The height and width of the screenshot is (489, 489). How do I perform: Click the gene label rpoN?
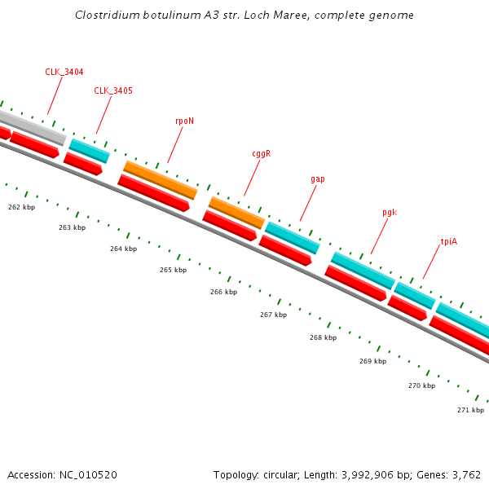click(x=184, y=121)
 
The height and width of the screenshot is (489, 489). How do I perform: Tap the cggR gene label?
click(x=261, y=153)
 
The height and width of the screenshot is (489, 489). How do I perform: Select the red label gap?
click(x=317, y=178)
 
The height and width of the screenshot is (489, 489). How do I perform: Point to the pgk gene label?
click(x=389, y=212)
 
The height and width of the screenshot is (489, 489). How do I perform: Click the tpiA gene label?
click(x=448, y=241)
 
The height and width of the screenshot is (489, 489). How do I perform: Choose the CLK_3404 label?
click(x=64, y=72)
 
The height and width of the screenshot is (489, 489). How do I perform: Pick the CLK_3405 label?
click(x=112, y=90)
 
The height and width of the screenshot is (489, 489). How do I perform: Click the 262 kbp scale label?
click(x=21, y=207)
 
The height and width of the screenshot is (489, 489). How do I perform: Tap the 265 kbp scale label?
click(x=173, y=270)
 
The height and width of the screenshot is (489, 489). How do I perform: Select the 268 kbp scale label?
click(x=323, y=337)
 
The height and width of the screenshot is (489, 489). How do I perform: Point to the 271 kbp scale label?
click(x=470, y=410)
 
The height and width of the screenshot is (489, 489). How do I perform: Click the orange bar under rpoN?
click(x=161, y=180)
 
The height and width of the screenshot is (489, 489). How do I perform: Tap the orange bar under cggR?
click(x=236, y=212)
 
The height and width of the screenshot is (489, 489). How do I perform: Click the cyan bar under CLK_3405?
click(x=90, y=151)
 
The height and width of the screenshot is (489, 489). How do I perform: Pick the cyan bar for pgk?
click(x=363, y=270)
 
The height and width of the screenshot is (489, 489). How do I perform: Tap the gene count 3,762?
click(x=465, y=474)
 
